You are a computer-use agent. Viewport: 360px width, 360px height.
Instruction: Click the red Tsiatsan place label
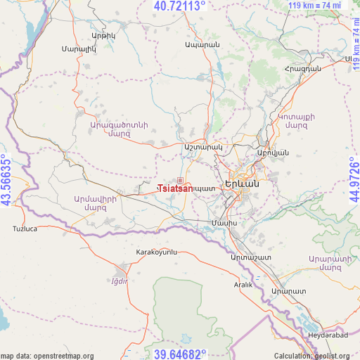click(175, 188)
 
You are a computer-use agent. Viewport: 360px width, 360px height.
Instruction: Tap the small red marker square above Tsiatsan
click(180, 180)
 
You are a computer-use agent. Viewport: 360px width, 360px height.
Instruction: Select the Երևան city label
click(242, 184)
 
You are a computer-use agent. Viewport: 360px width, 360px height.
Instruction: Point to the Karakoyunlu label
click(156, 251)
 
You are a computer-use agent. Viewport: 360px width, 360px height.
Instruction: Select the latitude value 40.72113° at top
click(179, 6)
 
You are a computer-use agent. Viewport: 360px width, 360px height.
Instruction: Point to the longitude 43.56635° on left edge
click(6, 180)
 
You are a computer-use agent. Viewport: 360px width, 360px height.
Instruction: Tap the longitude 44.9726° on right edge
click(354, 180)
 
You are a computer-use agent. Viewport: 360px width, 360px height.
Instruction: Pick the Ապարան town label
click(202, 44)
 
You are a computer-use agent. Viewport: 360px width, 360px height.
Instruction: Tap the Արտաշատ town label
click(251, 257)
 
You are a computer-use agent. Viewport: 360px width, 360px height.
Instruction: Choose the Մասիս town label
click(224, 223)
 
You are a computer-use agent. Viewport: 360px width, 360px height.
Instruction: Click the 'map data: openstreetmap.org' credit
click(47, 356)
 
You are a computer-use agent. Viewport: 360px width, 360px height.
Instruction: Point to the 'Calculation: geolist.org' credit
click(311, 356)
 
